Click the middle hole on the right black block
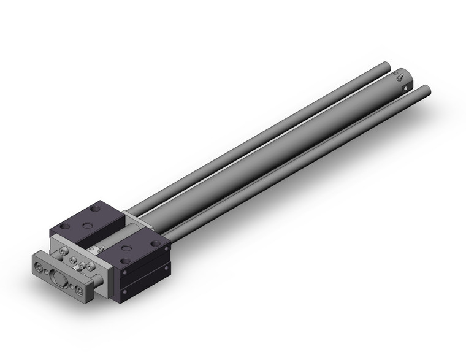click(126, 248)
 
